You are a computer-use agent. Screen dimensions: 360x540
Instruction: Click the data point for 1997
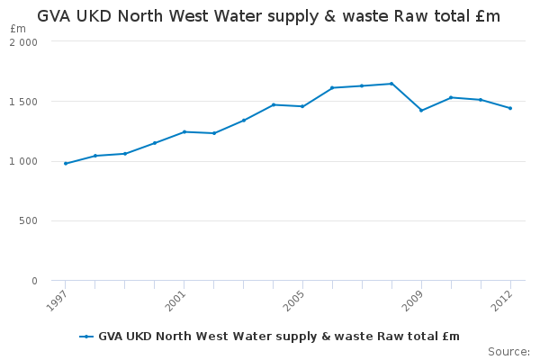(66, 163)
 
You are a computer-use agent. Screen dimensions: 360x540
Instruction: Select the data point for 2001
(184, 131)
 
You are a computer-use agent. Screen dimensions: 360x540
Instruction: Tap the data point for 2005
(302, 106)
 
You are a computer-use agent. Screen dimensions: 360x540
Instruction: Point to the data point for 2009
(421, 110)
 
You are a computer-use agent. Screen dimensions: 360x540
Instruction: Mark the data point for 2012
(510, 108)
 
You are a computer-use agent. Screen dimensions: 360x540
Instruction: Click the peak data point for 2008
(391, 84)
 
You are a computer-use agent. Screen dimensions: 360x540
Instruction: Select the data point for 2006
(332, 87)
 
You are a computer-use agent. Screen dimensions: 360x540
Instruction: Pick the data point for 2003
(244, 120)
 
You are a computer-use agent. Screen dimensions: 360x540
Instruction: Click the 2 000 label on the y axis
(25, 42)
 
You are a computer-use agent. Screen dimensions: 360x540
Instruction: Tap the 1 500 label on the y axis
(25, 102)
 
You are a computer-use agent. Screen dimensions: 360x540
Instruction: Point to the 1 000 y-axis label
(25, 161)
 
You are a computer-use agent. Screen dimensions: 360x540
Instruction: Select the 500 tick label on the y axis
(30, 221)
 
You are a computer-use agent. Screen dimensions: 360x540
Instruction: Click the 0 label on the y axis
(34, 281)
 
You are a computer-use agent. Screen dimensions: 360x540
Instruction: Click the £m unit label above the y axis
(18, 29)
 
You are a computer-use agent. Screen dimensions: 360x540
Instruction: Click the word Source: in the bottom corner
(508, 351)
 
